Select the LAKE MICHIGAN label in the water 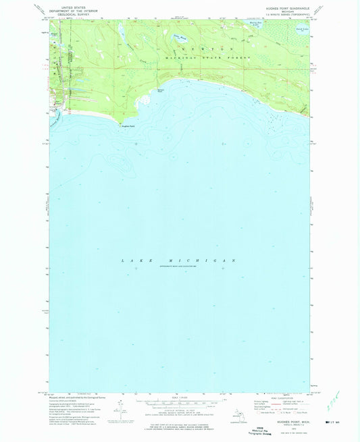180,260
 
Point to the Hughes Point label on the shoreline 128,126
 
